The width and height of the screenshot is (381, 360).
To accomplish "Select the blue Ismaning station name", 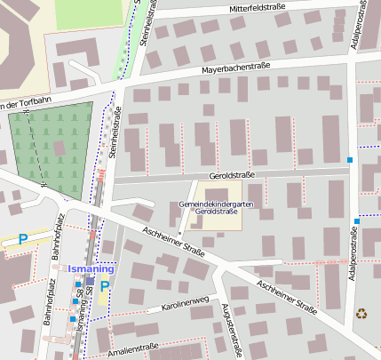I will (92, 268).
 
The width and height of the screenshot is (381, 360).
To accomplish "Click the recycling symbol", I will (361, 313).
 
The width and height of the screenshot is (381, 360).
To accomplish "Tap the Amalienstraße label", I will (132, 348).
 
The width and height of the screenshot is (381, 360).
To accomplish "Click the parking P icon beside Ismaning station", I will (105, 286).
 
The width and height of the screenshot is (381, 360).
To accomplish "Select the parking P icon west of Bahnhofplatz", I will (23, 239).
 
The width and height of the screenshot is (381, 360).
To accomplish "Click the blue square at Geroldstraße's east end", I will (351, 160).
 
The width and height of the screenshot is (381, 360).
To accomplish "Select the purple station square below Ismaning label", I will (90, 281).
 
